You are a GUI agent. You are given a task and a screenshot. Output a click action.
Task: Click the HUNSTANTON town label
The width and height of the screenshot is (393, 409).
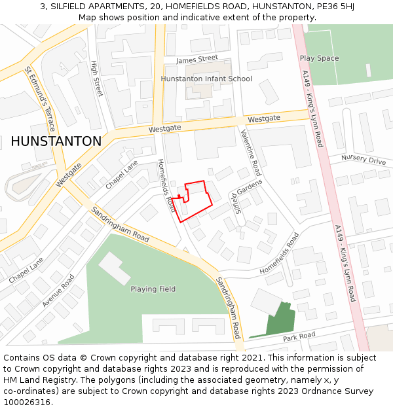click(x=56, y=141)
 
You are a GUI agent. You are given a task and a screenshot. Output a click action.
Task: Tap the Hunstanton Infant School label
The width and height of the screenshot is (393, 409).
click(x=206, y=79)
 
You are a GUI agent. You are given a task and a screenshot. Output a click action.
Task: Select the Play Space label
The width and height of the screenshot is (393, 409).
click(x=319, y=58)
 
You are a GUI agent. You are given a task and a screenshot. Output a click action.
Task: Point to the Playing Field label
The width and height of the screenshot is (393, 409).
click(x=153, y=289)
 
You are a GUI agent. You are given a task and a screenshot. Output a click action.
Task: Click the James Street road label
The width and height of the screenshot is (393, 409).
click(x=196, y=59)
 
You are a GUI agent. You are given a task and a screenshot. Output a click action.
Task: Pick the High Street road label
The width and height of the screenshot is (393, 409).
click(x=97, y=78)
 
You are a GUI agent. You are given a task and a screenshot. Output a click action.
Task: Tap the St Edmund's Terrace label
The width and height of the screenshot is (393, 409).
click(x=40, y=99)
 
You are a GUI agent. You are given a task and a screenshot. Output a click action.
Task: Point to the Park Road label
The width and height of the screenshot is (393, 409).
click(x=299, y=336)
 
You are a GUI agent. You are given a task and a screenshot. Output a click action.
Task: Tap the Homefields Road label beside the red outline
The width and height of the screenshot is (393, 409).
click(x=166, y=185)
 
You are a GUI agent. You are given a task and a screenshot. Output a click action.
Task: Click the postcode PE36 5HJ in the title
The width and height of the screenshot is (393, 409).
click(x=326, y=7)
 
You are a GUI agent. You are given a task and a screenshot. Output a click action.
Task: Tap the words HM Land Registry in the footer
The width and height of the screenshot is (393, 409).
click(x=33, y=380)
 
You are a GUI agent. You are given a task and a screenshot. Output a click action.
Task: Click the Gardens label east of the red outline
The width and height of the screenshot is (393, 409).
click(x=249, y=187)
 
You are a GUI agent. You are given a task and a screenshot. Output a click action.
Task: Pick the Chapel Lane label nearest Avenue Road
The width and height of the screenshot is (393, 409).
click(x=26, y=270)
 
